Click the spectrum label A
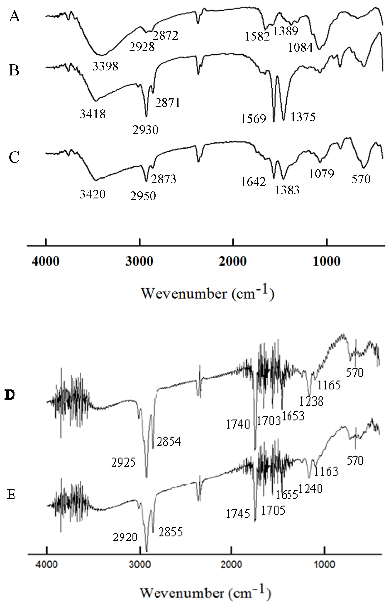pos(15,17)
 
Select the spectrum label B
pos(14,70)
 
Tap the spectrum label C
pos(14,157)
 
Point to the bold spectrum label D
pos(10,395)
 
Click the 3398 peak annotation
pos(105,66)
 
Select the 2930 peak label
pos(145,130)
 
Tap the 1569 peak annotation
pos(253,119)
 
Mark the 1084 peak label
pos(300,47)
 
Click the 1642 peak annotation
pos(253,182)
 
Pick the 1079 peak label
pos(321,174)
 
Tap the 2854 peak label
pos(169,442)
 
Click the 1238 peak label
pos(311,401)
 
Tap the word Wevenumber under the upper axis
pos(184,293)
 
